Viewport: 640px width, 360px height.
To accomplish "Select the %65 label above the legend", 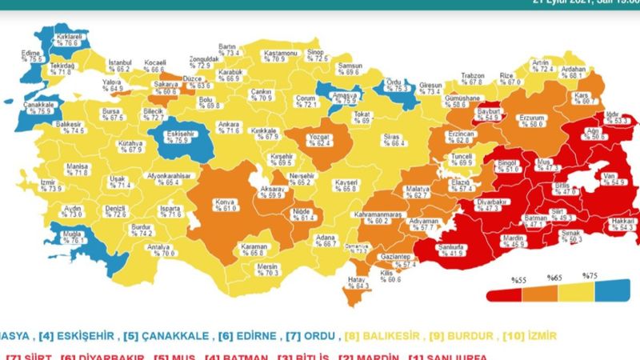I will click(554, 278).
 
